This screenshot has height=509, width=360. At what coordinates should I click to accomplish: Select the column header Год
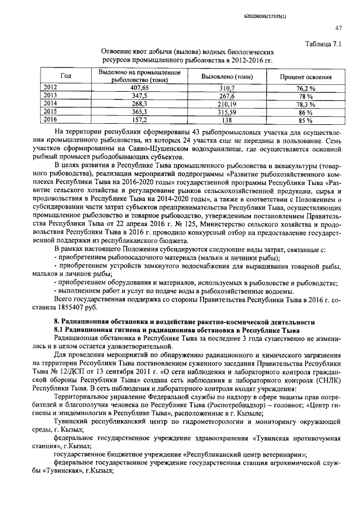[x=65, y=76]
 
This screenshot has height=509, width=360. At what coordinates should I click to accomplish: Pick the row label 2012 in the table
[x=51, y=88]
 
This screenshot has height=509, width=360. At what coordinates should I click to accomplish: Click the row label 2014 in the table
[x=51, y=103]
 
